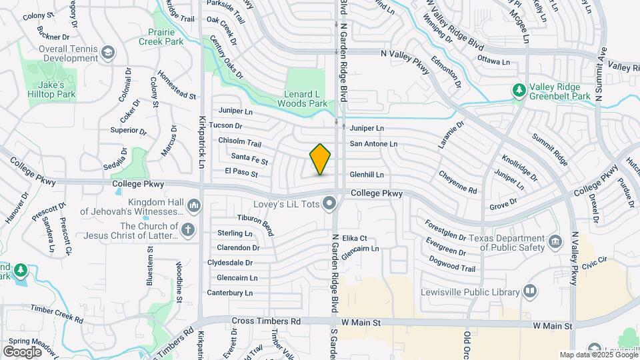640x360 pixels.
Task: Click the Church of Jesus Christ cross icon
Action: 189,230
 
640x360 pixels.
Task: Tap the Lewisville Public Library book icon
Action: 530,291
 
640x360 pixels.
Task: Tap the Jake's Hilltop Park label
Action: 51,90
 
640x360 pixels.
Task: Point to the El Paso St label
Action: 241,172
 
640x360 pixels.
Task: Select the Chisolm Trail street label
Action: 240,142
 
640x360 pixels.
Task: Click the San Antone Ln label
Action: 373,143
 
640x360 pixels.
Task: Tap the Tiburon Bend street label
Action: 255,221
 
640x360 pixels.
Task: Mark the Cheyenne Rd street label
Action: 457,182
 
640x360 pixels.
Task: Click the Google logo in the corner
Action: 22,352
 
